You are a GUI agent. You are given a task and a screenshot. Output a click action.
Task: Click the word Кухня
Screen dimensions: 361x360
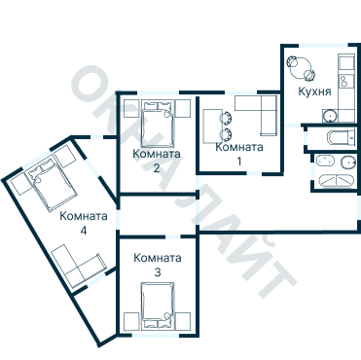314,91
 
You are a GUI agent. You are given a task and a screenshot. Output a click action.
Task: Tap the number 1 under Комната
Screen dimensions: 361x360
239,162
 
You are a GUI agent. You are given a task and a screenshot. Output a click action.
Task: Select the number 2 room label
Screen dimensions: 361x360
157,168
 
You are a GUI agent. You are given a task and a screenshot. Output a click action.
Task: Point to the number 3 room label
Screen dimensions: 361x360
158,272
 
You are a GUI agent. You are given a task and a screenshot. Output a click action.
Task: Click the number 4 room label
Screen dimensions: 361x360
84,231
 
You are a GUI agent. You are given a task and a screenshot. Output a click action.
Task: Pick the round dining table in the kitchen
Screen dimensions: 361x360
301,68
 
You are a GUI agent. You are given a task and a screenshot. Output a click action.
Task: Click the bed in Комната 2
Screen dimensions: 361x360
158,125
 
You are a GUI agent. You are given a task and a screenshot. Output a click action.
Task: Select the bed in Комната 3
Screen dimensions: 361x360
158,305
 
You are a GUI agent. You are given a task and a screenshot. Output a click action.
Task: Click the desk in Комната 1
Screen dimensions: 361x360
212,126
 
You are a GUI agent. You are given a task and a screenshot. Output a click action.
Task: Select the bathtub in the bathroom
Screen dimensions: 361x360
336,181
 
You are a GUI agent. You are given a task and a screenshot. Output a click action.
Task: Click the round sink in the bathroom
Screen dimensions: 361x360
348,162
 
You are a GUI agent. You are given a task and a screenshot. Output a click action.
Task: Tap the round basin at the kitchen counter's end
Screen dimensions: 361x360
330,116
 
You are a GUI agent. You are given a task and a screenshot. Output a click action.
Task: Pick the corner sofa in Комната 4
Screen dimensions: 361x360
80,266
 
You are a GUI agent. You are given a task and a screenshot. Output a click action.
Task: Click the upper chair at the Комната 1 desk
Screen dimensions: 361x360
226,118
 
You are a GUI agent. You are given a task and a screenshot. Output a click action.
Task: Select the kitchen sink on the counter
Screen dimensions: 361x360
346,81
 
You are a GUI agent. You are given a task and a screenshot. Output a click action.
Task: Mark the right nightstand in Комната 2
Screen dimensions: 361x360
183,109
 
